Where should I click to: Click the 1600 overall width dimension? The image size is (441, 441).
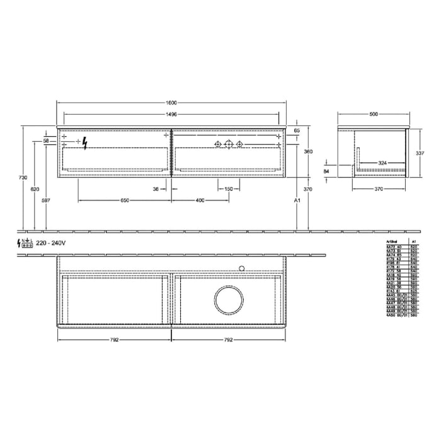171,103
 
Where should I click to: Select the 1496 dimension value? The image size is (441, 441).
171,115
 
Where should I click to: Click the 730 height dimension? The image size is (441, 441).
23,178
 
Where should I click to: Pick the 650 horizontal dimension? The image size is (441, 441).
125,200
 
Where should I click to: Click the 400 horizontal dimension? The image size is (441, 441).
200,200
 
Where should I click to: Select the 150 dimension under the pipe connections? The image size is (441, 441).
229,188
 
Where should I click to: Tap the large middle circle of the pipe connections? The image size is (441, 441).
229,145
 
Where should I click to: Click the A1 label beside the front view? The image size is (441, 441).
296,200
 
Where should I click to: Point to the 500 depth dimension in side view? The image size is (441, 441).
374,115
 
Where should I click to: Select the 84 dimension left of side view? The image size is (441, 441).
326,170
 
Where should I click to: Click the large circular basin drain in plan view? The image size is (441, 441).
229,301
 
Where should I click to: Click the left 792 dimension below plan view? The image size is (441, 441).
114,339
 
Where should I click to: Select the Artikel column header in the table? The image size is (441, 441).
392,241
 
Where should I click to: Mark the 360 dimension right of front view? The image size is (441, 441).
308,152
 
